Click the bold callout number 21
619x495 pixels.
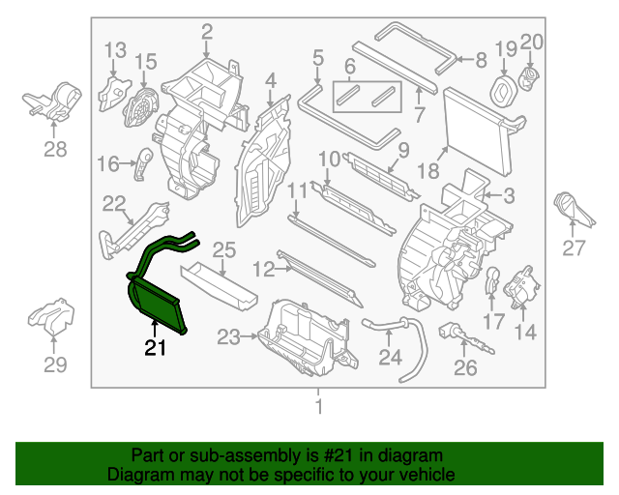(x=155, y=347)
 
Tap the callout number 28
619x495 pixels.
(x=55, y=149)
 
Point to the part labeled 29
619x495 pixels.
(x=51, y=316)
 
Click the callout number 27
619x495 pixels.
(x=574, y=247)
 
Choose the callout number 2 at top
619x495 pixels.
(x=206, y=32)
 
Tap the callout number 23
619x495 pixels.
(x=228, y=337)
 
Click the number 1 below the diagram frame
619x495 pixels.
(x=319, y=406)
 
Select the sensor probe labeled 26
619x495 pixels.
(x=465, y=337)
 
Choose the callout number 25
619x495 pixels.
(x=224, y=249)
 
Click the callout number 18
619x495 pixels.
(x=428, y=171)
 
